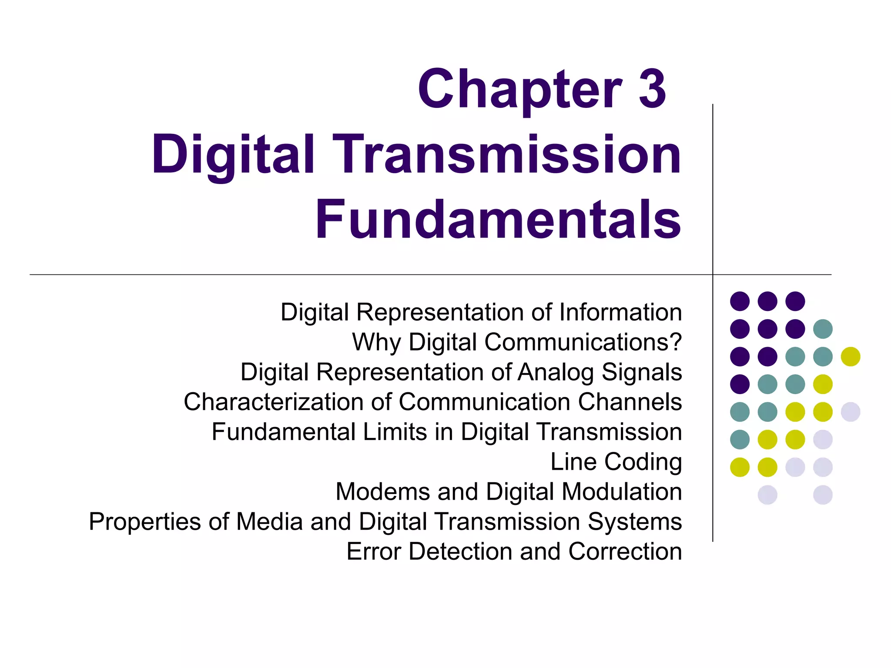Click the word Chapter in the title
(x=520, y=90)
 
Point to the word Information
(x=620, y=312)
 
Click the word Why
(x=376, y=343)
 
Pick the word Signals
(x=642, y=372)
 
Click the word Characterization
(x=273, y=401)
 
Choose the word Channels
(x=630, y=401)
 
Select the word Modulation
(x=622, y=491)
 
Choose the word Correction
(x=625, y=551)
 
